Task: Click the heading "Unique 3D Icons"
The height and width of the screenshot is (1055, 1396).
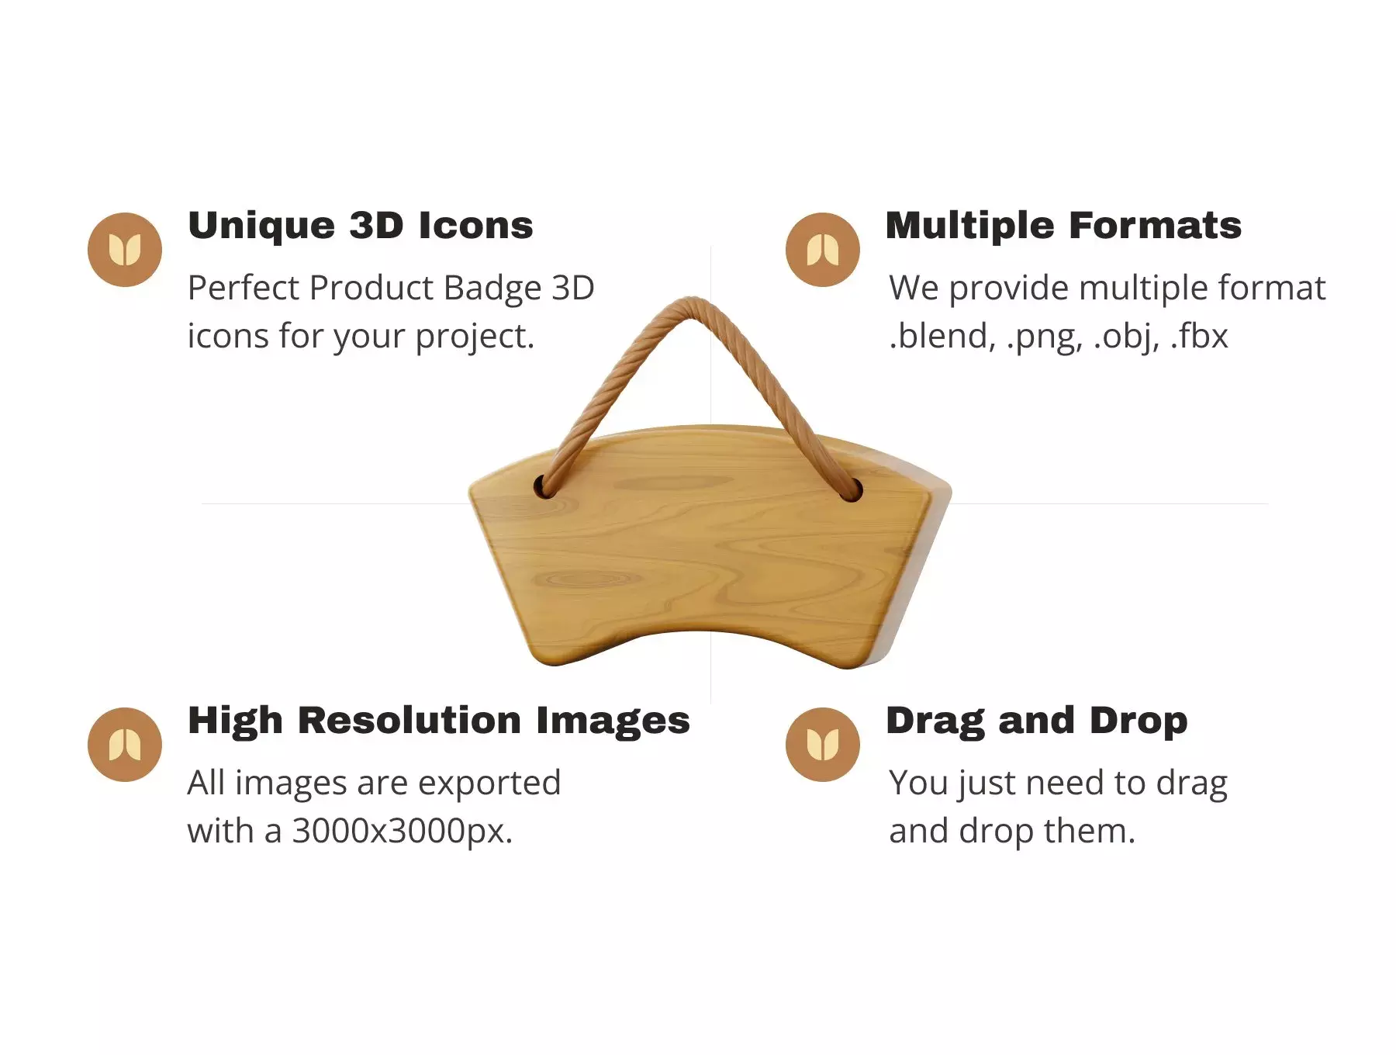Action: pyautogui.click(x=361, y=226)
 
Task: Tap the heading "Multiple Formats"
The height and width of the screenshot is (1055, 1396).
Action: pyautogui.click(x=1063, y=226)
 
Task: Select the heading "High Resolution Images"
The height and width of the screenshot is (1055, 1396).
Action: pyautogui.click(x=439, y=721)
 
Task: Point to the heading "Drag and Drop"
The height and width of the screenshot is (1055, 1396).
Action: pyautogui.click(x=1037, y=721)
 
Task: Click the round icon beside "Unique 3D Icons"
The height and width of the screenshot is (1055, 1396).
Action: pyautogui.click(x=125, y=250)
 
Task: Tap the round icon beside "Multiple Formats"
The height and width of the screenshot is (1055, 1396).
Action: pyautogui.click(x=823, y=250)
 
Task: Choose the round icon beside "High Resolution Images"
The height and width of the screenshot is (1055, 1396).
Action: pyautogui.click(x=125, y=745)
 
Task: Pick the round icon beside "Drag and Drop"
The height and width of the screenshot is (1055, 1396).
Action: pyautogui.click(x=823, y=745)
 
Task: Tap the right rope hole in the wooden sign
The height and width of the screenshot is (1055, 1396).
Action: pyautogui.click(x=852, y=489)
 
